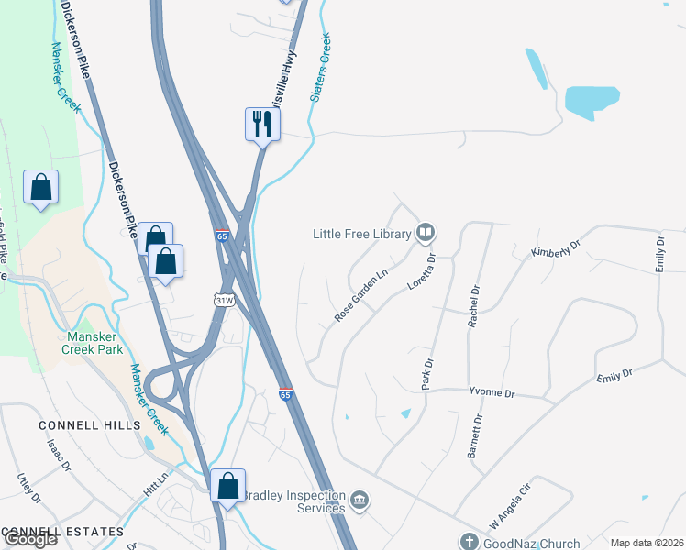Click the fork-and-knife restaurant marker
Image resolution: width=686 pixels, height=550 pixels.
(262, 124)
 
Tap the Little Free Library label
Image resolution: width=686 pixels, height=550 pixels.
(361, 234)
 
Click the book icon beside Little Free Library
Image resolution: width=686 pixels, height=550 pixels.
(425, 233)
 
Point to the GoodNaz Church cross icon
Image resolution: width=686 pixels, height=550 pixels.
(470, 542)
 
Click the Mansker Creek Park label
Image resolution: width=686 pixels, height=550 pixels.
(92, 343)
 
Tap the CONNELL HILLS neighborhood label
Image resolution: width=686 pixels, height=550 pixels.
(90, 425)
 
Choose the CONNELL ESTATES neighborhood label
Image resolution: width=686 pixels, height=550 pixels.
(62, 532)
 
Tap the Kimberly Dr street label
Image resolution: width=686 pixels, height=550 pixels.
(557, 249)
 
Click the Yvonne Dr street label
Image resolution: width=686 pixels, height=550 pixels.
(492, 392)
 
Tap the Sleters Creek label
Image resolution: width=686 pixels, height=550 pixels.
(320, 67)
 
